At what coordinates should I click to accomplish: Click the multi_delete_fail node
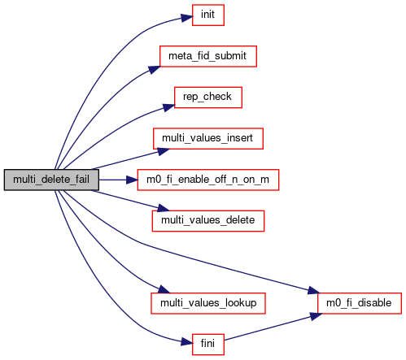(x=51, y=180)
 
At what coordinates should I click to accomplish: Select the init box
(x=208, y=15)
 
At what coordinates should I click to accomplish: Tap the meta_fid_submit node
(x=208, y=56)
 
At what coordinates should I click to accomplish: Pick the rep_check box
(x=208, y=98)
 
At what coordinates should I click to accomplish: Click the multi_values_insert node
(x=208, y=138)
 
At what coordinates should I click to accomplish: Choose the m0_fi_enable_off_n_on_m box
(x=208, y=180)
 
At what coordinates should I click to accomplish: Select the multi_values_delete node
(x=208, y=221)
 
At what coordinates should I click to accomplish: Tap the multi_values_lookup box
(x=208, y=303)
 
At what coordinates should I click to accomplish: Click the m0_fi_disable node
(x=360, y=303)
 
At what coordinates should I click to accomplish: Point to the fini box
(x=208, y=345)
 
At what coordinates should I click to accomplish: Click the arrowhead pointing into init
(x=187, y=18)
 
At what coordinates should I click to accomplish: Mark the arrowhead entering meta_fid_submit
(x=154, y=69)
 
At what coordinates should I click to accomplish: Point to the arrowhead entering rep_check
(x=168, y=107)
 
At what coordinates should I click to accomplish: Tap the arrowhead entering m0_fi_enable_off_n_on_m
(x=133, y=180)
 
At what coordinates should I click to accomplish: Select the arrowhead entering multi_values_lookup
(x=164, y=289)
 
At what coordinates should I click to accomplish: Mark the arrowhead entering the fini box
(x=187, y=342)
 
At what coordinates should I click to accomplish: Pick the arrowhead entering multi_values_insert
(x=164, y=151)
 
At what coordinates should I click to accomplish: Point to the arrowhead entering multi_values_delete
(x=164, y=208)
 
